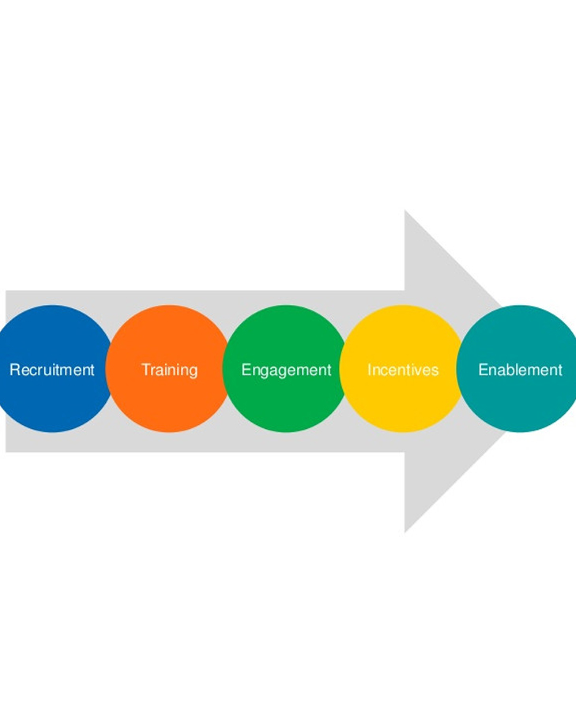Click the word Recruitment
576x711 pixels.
coord(52,370)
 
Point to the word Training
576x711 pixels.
coord(169,370)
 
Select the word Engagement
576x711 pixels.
coord(286,370)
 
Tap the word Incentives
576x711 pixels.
coord(402,370)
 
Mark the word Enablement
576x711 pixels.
coord(520,370)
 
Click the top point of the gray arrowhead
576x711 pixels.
coord(405,212)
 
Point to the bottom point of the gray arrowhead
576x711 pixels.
coord(405,531)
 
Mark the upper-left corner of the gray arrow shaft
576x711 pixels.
coord(6,292)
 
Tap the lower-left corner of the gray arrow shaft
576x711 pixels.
coord(6,452)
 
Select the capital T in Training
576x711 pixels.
coord(145,369)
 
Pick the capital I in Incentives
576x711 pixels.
coord(369,369)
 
